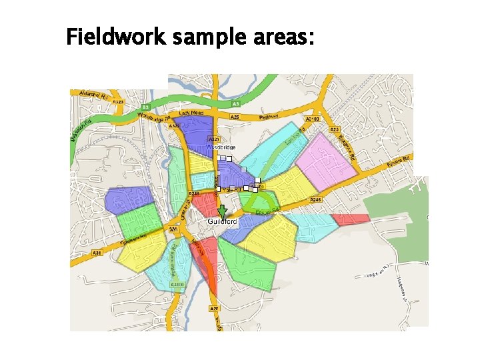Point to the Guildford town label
222,221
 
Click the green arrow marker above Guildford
222,210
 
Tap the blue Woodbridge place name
221,146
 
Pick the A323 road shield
118,102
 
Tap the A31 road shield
97,253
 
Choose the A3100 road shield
311,118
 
